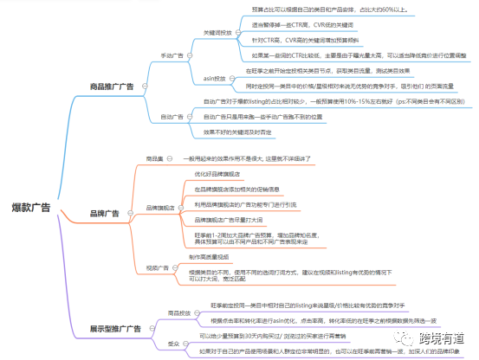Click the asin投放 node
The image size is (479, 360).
pyautogui.click(x=214, y=78)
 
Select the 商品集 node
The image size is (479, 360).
pyautogui.click(x=154, y=159)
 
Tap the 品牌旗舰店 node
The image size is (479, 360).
pyautogui.click(x=161, y=207)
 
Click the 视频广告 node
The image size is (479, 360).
pyautogui.click(x=158, y=267)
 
